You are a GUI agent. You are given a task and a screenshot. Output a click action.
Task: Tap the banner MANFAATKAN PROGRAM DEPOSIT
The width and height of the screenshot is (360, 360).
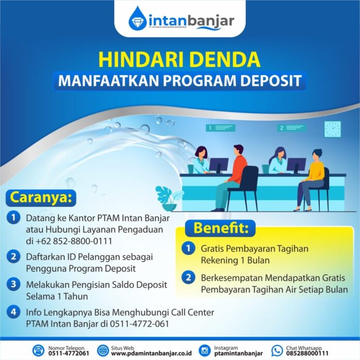click(181, 81)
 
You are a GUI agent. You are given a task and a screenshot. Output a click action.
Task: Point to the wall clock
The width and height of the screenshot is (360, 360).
click(332, 129)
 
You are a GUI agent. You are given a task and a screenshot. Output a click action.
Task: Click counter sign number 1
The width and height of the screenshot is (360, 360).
click(217, 127)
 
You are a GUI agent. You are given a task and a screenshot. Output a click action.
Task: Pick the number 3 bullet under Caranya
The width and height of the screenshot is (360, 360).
click(12, 284)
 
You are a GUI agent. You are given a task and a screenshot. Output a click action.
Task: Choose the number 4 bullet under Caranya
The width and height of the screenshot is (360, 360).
click(12, 312)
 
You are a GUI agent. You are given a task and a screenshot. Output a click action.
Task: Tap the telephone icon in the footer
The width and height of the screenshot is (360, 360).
click(38, 350)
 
